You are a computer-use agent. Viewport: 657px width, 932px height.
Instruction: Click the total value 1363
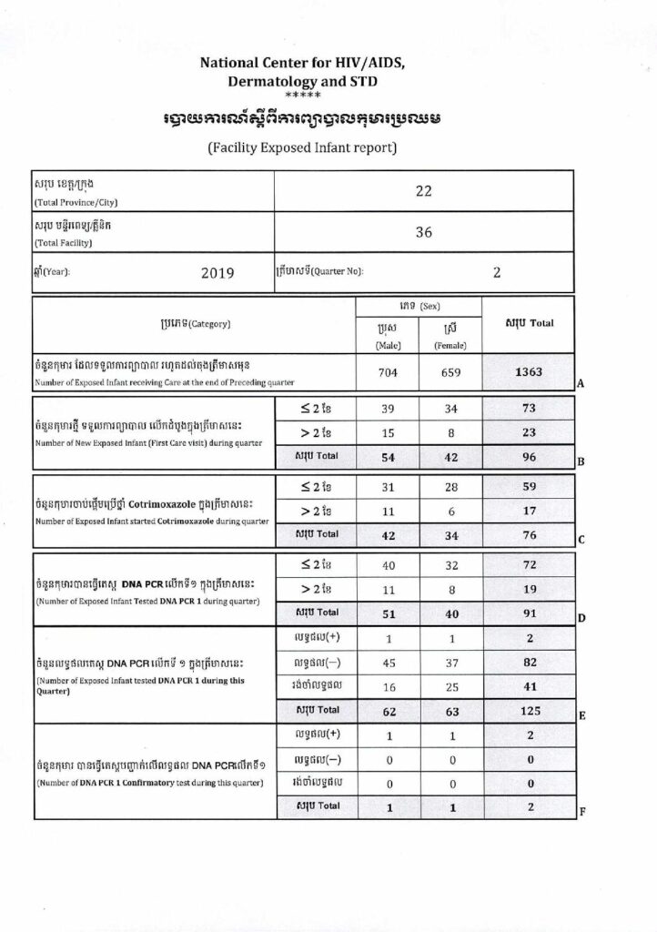pos(529,372)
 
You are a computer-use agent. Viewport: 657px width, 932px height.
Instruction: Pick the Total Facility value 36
pos(423,232)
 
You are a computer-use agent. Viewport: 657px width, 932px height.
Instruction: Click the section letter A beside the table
pos(580,385)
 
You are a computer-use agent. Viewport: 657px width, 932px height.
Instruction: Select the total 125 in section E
pos(529,709)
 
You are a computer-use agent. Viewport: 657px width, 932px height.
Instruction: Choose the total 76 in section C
pos(529,533)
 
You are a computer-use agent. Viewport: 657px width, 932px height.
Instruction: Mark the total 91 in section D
pos(529,613)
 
